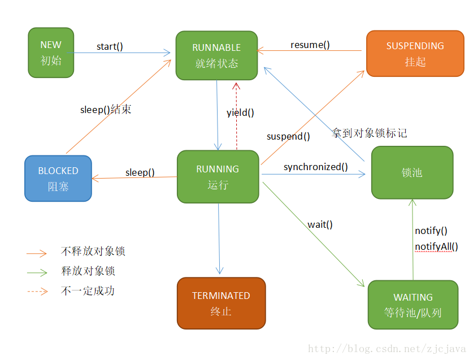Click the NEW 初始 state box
point(51,53)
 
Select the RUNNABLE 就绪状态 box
point(216,55)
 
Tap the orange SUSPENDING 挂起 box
point(415,54)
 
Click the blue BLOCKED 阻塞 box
point(58,178)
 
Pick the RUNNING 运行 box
point(218,176)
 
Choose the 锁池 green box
point(412,172)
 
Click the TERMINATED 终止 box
point(221,303)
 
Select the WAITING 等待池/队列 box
point(413,305)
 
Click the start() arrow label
point(110,46)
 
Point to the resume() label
point(310,45)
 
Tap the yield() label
point(240,112)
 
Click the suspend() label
point(288,136)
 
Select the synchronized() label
point(315,167)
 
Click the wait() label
point(320,224)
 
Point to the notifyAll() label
point(436,246)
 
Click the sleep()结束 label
point(106,110)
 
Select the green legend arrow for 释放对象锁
point(37,272)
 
